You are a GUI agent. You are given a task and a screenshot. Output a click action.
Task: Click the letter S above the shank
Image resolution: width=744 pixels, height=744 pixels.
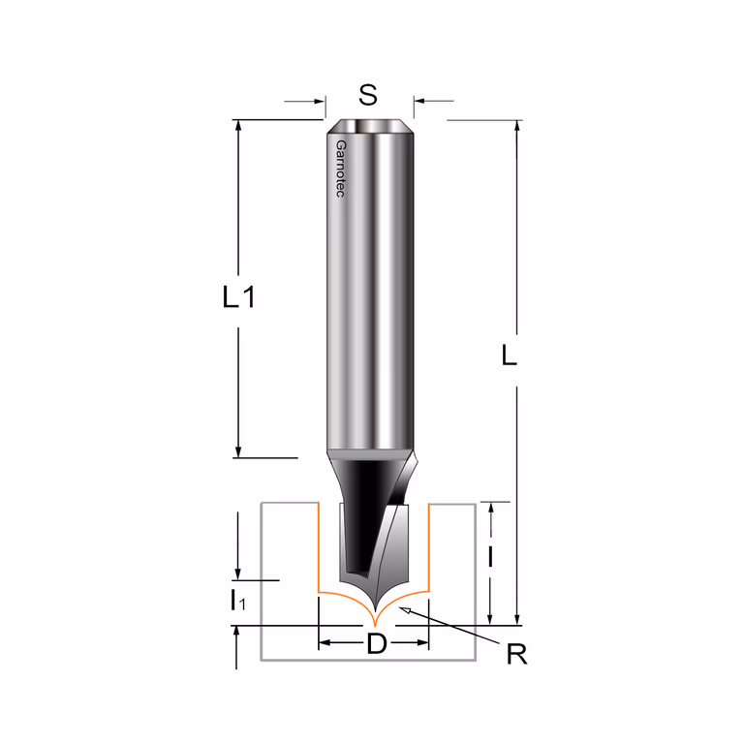(x=368, y=95)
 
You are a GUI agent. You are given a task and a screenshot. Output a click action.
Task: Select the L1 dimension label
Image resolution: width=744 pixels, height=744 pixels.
(x=239, y=297)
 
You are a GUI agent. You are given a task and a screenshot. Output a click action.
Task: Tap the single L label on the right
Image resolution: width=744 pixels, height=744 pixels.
(x=510, y=355)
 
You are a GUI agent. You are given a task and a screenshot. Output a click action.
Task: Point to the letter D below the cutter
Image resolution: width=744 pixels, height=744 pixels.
(x=377, y=644)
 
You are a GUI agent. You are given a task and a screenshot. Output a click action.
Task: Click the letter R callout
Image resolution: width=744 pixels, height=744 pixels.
(x=516, y=655)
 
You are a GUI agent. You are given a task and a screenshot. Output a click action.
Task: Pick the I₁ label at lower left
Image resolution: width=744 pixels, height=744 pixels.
(x=237, y=601)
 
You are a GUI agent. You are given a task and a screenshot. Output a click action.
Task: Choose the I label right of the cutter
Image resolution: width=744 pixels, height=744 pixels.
(x=490, y=557)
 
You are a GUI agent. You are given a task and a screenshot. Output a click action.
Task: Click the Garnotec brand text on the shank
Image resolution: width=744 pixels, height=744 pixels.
(x=341, y=169)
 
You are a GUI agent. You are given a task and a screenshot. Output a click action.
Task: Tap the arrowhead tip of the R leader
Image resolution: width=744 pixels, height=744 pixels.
(x=400, y=607)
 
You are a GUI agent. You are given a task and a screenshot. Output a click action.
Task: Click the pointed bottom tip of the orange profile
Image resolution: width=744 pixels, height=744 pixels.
(x=375, y=626)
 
